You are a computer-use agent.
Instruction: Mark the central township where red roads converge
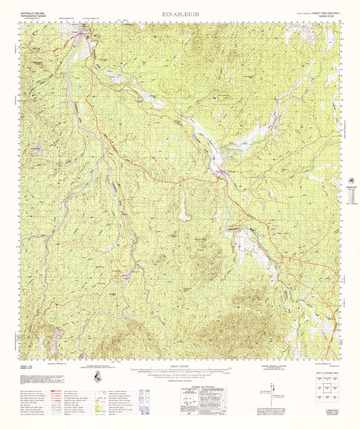coord(219,172)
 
